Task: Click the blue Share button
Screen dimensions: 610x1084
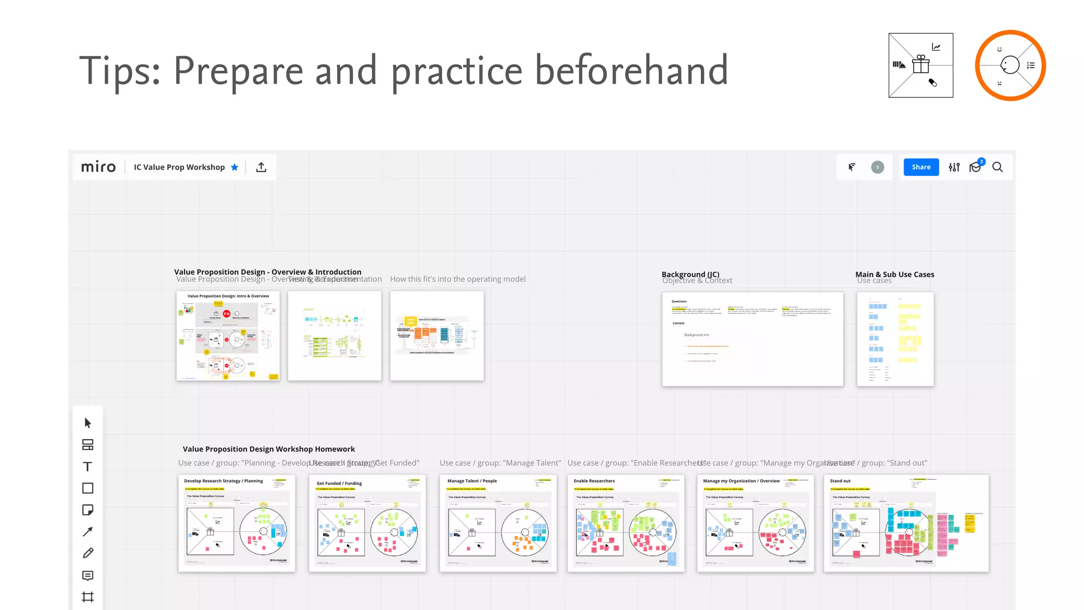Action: click(921, 167)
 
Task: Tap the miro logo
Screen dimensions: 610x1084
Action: click(98, 167)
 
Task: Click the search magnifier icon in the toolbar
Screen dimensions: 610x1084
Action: click(997, 167)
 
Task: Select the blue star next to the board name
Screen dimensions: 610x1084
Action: click(234, 167)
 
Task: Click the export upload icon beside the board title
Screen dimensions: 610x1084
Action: click(261, 167)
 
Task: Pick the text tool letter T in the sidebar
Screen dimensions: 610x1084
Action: click(88, 467)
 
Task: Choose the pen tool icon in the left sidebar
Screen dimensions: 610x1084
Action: click(88, 553)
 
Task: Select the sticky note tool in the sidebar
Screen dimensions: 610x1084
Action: click(88, 510)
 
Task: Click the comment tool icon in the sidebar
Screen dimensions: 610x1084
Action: click(88, 576)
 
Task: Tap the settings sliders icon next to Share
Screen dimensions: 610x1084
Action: click(954, 167)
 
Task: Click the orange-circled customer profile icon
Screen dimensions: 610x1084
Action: click(1010, 65)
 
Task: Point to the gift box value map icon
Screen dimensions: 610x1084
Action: click(921, 65)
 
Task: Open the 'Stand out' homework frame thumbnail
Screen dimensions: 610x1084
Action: click(906, 523)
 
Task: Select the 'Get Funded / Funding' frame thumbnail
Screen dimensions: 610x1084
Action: click(367, 523)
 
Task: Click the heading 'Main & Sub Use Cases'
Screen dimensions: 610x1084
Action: click(895, 274)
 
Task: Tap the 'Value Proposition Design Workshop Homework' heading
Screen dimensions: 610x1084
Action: click(269, 449)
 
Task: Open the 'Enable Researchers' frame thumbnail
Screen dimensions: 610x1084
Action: click(626, 523)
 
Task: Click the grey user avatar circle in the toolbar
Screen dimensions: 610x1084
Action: click(878, 167)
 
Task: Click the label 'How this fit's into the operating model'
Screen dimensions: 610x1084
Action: click(458, 279)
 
